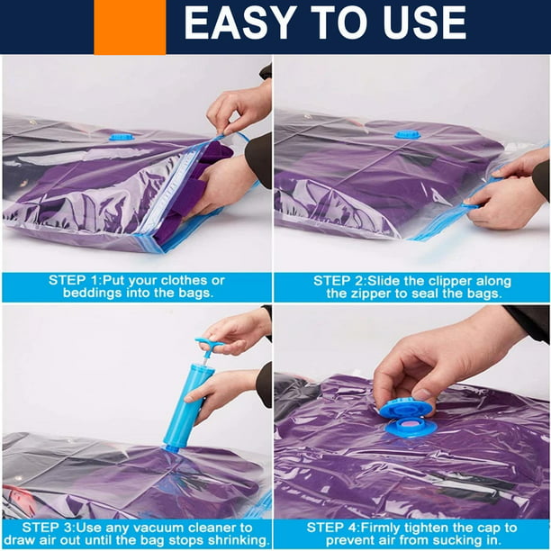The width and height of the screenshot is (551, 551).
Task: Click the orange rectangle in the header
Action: (x=130, y=27)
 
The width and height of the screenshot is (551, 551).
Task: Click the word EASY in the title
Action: (x=239, y=23)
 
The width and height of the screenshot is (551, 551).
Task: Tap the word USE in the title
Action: (x=425, y=23)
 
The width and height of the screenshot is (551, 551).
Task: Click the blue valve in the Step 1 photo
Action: (x=122, y=137)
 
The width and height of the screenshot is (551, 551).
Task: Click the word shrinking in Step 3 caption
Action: (x=239, y=540)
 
